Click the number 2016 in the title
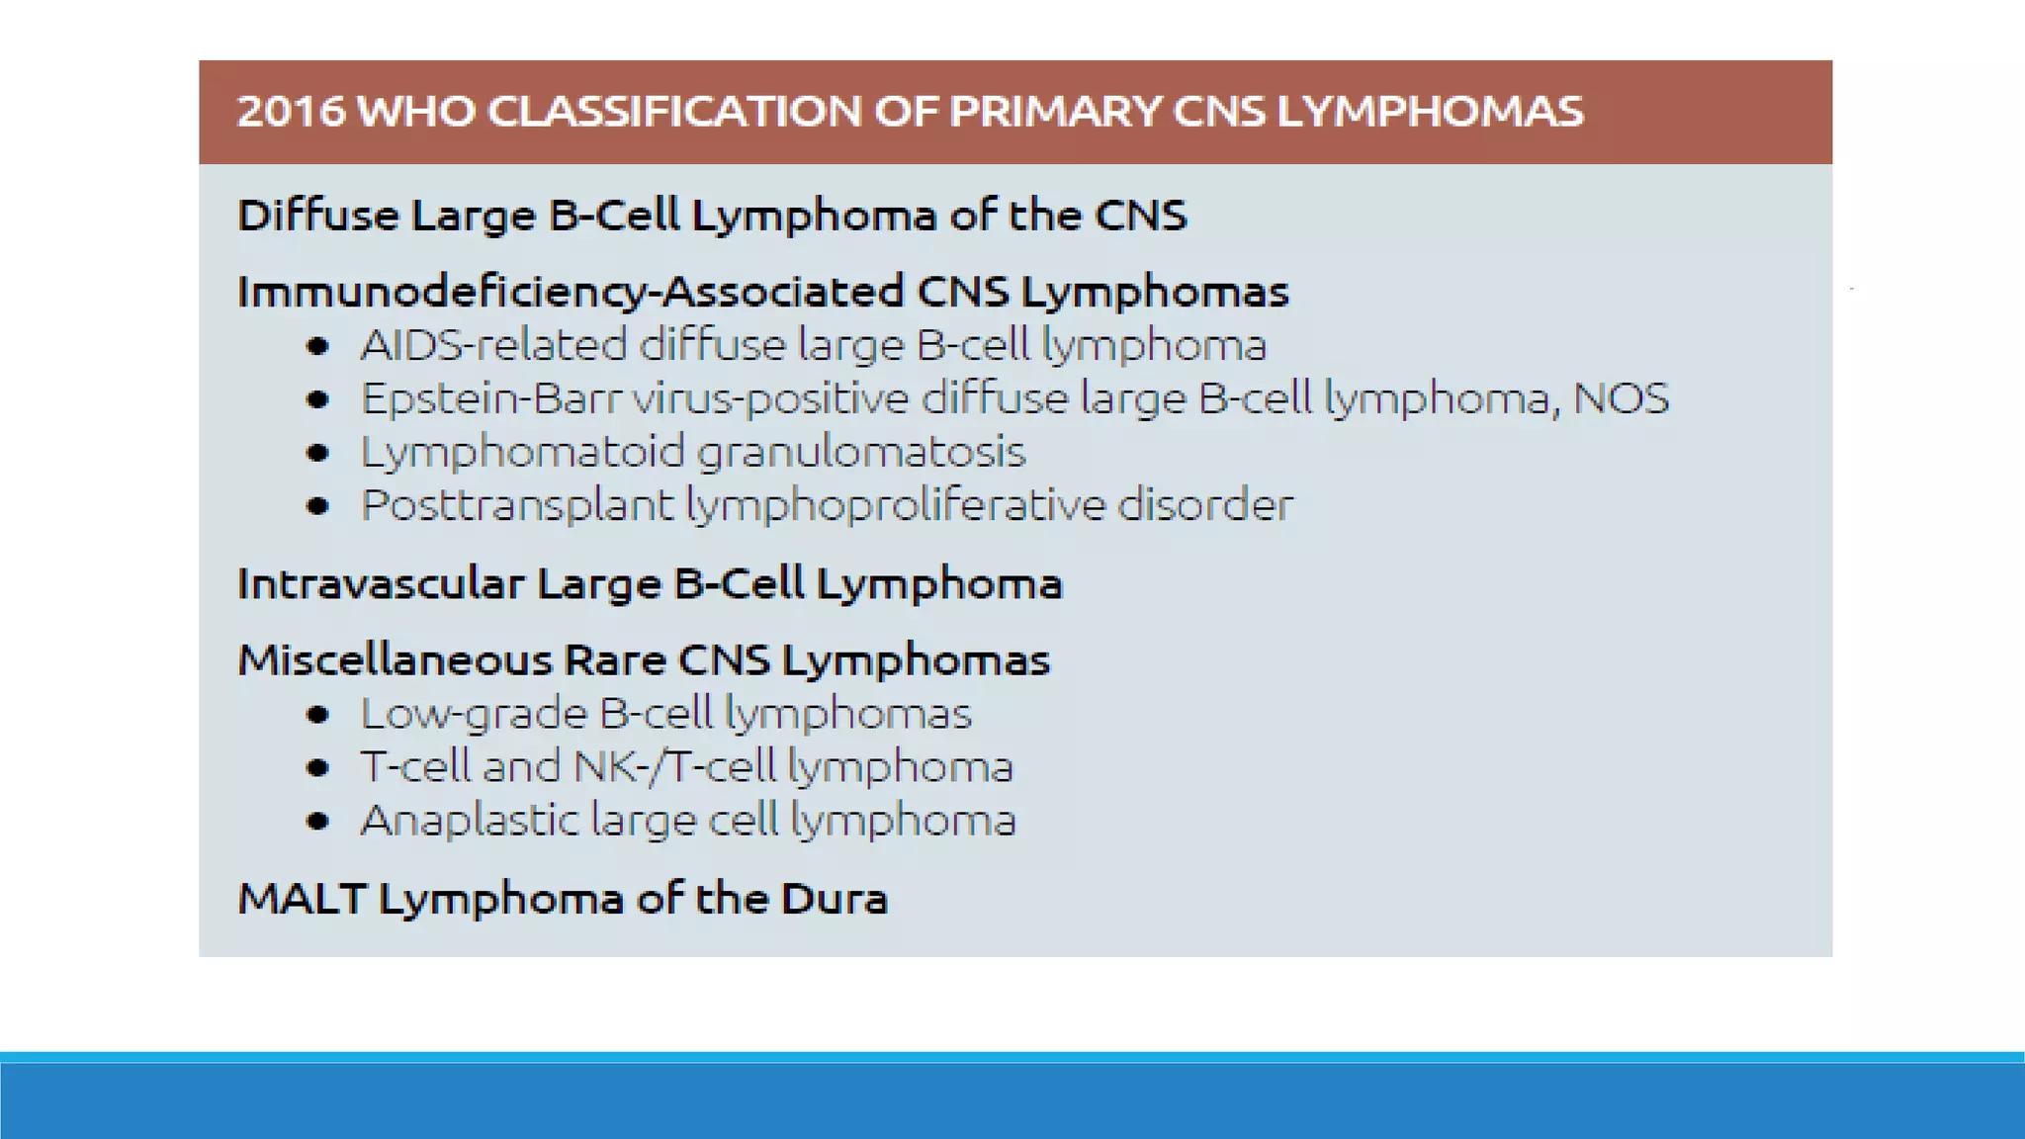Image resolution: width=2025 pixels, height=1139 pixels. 291,112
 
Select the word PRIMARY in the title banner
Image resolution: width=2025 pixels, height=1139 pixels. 1054,112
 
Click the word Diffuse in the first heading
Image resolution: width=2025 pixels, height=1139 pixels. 317,216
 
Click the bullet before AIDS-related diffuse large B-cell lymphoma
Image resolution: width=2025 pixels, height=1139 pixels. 317,346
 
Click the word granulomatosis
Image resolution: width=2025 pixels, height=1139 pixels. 861,453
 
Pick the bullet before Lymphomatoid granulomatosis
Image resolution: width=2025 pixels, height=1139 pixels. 317,453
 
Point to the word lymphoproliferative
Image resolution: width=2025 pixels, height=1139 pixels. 895,506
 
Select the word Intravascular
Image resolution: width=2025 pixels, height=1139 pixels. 381,584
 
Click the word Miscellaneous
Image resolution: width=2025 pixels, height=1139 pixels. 395,660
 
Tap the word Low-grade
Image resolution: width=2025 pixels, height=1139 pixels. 474,714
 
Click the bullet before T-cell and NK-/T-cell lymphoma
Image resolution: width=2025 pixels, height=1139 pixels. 317,767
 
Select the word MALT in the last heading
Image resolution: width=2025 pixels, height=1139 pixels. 303,899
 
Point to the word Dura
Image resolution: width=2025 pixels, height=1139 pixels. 834,899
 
